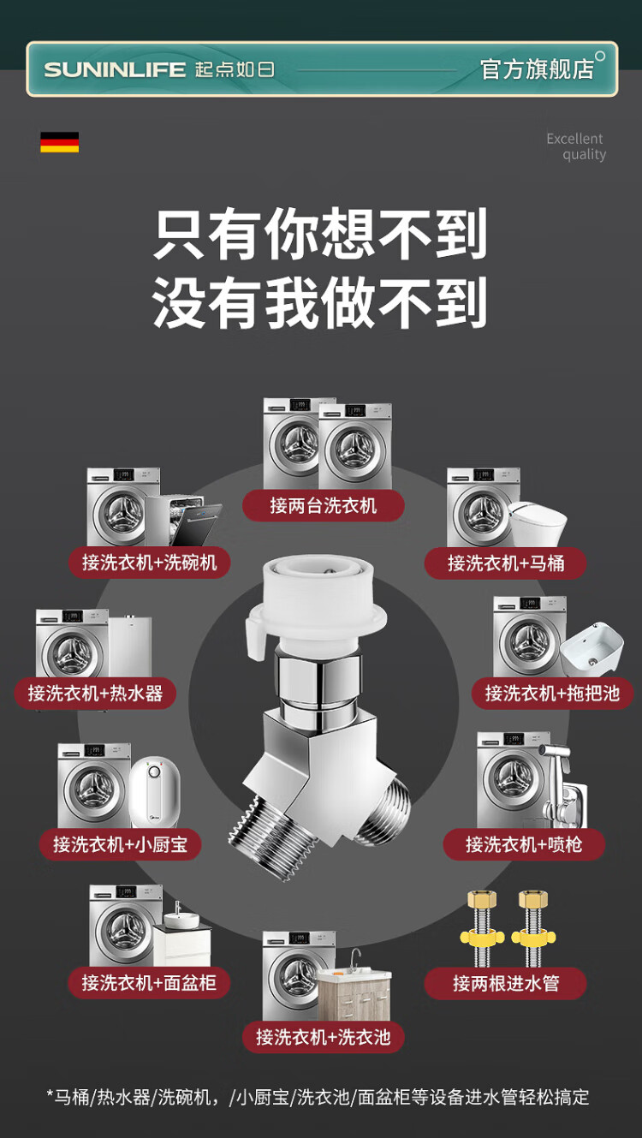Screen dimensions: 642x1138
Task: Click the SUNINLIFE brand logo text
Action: [115, 69]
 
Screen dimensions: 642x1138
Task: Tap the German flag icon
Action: [59, 142]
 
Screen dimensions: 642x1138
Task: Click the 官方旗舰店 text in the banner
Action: [537, 69]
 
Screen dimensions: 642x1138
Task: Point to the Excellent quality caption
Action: [576, 146]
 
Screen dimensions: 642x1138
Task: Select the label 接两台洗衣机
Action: [323, 505]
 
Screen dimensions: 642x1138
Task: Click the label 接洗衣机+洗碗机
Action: [149, 563]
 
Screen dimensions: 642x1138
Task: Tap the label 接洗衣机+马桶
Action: [505, 563]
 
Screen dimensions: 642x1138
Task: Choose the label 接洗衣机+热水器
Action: [95, 693]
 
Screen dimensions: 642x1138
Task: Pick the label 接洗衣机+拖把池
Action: [552, 693]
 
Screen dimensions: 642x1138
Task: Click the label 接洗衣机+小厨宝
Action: [121, 844]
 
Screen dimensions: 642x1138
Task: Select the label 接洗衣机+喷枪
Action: [524, 844]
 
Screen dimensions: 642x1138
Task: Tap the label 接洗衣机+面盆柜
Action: [149, 983]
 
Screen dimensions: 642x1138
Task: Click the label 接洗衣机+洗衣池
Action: [323, 1038]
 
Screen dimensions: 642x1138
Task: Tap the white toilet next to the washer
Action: [538, 523]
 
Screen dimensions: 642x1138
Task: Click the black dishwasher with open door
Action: [183, 521]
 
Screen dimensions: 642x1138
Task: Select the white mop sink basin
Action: [592, 649]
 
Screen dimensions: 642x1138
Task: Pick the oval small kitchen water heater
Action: [155, 792]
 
